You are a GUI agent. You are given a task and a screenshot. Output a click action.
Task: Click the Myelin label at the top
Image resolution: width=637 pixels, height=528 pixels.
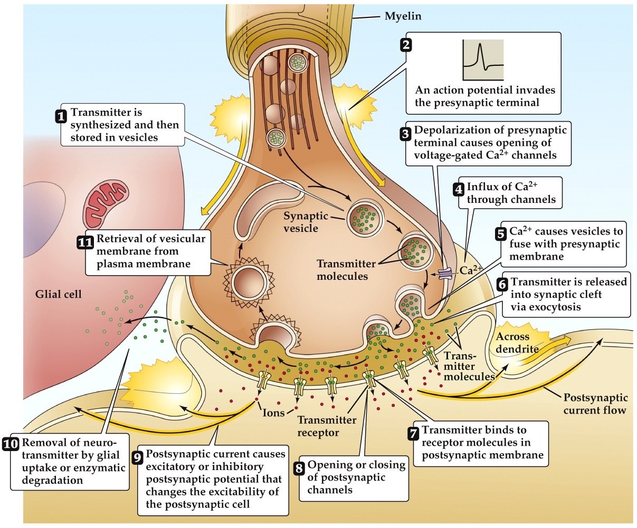point(403,16)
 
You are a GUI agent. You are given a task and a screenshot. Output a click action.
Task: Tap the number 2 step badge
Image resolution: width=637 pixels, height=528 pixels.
point(406,45)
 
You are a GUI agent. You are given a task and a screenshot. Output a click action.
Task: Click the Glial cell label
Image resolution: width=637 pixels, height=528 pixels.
point(59,294)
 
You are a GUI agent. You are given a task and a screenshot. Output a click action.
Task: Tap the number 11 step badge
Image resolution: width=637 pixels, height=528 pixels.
point(85,243)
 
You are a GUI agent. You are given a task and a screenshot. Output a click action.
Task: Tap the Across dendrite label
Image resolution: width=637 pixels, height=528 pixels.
point(516,343)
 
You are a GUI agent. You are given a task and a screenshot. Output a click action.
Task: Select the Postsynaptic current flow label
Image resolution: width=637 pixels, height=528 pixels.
point(596,404)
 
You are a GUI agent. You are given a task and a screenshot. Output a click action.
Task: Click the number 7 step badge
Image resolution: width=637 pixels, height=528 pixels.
point(414,433)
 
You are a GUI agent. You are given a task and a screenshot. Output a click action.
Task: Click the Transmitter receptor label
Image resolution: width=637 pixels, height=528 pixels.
point(327,426)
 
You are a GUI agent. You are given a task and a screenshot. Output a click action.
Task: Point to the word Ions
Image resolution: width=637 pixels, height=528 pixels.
point(273,413)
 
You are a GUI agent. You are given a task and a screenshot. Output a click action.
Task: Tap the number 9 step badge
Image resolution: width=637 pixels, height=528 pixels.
point(137,457)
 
